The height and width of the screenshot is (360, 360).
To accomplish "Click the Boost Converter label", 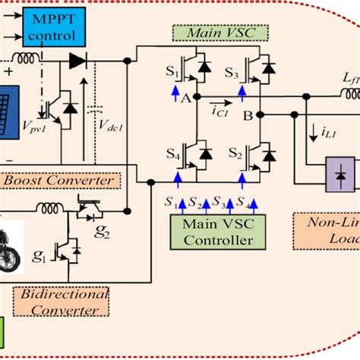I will (x=61, y=181).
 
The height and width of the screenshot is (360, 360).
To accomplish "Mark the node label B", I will (x=247, y=115).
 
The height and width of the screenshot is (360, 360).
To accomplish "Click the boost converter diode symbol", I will (x=76, y=60).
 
